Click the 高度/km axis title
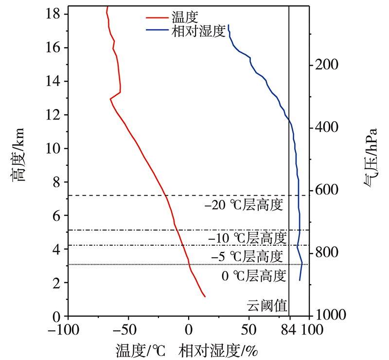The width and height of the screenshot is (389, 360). tap(18, 155)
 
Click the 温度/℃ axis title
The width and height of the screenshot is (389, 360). tap(141, 349)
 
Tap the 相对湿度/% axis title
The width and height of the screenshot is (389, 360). tap(218, 349)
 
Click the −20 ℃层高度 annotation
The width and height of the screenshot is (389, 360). tap(244, 205)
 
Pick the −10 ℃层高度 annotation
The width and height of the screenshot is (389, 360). tap(246, 238)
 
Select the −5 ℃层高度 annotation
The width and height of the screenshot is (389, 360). tap(247, 256)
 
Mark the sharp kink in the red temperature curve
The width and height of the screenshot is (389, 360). tap(110, 99)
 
